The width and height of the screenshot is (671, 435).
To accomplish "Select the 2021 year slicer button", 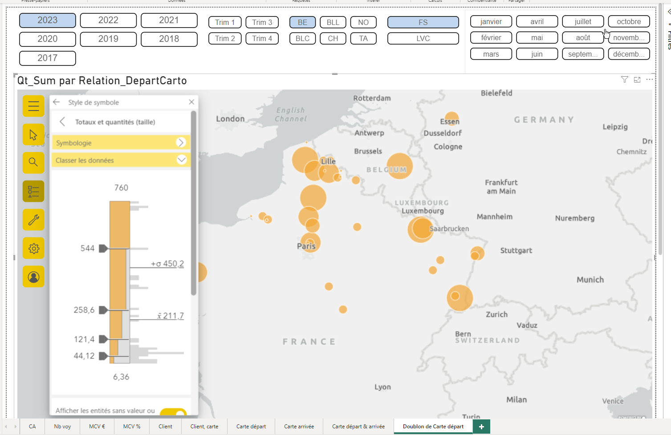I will [169, 21].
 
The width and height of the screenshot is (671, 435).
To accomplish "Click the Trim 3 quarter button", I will [262, 22].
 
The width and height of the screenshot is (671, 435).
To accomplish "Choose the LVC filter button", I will [423, 38].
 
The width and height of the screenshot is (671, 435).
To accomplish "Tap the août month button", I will [583, 38].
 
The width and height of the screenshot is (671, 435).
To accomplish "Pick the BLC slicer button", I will [302, 38].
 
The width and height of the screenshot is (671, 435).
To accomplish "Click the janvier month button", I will [491, 21].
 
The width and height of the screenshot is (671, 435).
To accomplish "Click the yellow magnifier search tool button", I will [33, 163].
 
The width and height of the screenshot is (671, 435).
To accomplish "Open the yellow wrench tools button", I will [33, 220].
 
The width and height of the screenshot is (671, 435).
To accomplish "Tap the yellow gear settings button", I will [33, 248].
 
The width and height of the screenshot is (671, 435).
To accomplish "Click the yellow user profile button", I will [33, 277].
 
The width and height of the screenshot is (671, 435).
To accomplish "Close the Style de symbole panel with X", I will [191, 102].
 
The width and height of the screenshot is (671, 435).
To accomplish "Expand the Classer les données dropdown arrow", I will [181, 160].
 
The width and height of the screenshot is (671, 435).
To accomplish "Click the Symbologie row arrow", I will [180, 143].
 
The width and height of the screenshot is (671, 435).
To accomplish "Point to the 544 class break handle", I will [103, 248].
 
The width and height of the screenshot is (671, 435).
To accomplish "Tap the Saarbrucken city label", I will [449, 229].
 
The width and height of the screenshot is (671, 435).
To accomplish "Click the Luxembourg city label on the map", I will [423, 211].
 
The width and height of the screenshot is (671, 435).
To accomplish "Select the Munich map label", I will [590, 280].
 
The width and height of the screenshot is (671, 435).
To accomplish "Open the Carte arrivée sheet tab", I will [299, 427].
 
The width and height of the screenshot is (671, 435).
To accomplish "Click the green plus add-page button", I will [481, 427].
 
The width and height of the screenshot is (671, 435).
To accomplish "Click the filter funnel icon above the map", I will [624, 80].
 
